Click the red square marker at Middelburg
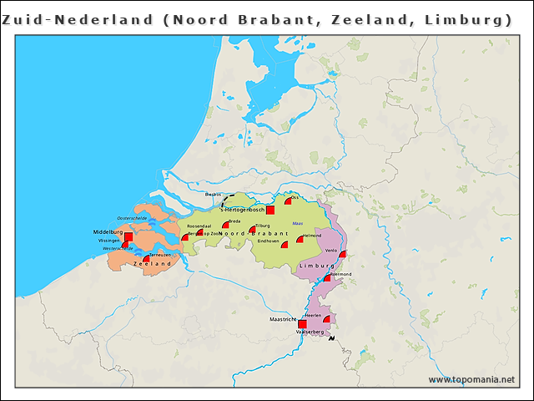[x=128, y=237]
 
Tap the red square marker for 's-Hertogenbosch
[x=270, y=211]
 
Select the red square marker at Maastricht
[x=302, y=323]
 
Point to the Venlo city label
[x=331, y=251]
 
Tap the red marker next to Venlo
[x=342, y=255]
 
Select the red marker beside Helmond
[x=300, y=240]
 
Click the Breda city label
[x=234, y=221]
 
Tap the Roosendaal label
[x=199, y=226]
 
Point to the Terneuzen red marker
[x=147, y=259]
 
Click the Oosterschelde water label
[x=132, y=218]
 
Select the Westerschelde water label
[x=118, y=248]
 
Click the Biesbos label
[x=213, y=195]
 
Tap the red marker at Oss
[x=288, y=200]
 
